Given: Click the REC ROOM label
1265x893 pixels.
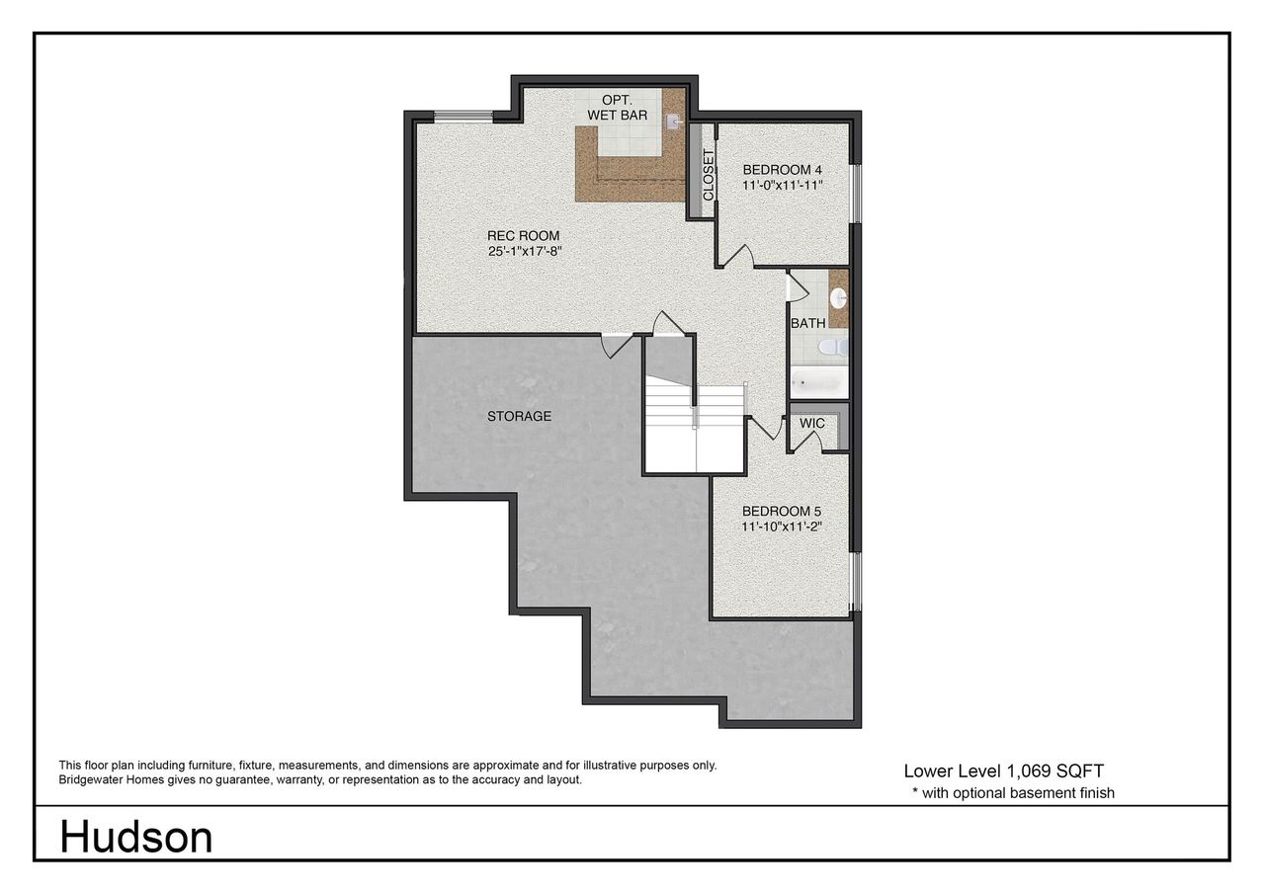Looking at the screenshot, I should pos(523,235).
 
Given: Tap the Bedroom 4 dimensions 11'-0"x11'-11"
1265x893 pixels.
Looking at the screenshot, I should pos(783,185).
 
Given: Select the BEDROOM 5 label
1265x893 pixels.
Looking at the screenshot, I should pos(782,511).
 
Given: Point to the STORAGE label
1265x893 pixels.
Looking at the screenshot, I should pos(519,416).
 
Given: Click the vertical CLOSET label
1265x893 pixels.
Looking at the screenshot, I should pos(708,176).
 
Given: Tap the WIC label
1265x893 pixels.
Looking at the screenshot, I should pos(812,423).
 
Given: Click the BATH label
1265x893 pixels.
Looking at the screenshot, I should pos(807,323).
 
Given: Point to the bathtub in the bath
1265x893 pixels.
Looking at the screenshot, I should pos(818,381).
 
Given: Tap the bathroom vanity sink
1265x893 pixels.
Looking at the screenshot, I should pos(838,296).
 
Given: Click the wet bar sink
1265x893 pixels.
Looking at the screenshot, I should pos(673,122).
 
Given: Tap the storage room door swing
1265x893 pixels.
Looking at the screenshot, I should pos(617,347).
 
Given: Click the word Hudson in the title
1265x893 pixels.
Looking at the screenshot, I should pos(135,838).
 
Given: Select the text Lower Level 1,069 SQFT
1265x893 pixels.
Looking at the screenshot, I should pos(1011,771).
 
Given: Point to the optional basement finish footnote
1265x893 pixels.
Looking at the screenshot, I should pos(1013,792).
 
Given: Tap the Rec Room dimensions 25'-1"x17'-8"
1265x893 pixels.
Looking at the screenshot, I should pos(523,251).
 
